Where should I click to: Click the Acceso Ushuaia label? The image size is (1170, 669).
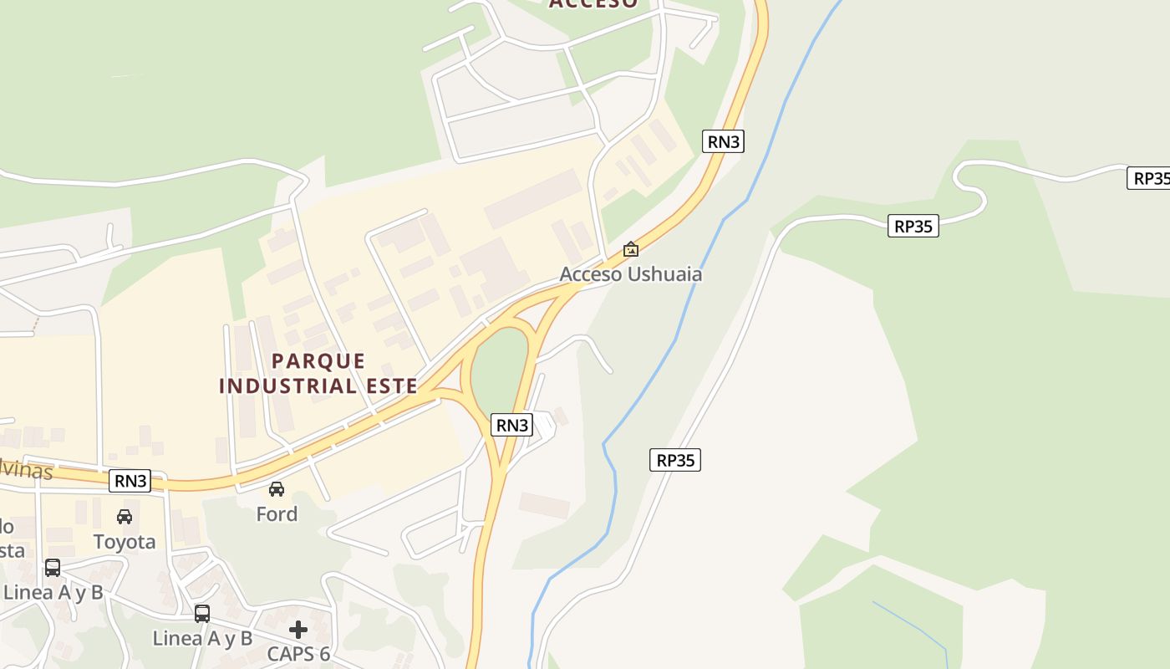pos(630,274)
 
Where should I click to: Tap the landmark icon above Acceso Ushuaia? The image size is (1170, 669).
pos(631,249)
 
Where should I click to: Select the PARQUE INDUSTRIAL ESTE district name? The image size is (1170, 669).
pos(318,373)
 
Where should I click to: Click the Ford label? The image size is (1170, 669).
pos(277,513)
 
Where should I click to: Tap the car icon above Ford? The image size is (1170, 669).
pos(277,489)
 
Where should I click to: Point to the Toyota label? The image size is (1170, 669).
pos(125,542)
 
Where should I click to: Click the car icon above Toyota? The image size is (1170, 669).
pos(125,517)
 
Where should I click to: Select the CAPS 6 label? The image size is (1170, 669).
pos(298,654)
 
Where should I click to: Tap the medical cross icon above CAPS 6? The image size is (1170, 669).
pos(298,629)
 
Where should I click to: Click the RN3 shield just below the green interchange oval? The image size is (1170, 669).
pos(512,425)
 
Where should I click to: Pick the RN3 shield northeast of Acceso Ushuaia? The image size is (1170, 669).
pos(724,141)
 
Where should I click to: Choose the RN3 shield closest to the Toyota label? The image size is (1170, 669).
pos(130,481)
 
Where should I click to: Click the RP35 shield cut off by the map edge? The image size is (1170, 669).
pos(1150,178)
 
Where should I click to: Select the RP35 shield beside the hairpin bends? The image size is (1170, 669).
pos(913,226)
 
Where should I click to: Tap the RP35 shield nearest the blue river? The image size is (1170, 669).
pos(675,460)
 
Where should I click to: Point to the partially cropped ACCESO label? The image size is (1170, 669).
pos(593,4)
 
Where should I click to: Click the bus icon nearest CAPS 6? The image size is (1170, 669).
pos(202,614)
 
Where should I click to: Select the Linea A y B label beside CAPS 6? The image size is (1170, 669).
pos(202,639)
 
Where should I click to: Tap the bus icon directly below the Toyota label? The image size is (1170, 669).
pos(53,568)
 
